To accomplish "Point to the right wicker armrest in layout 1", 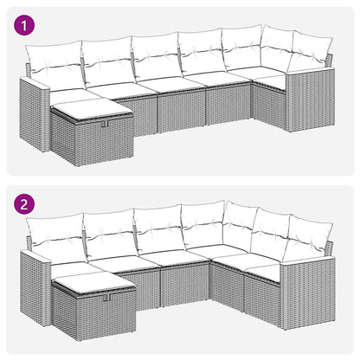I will (x=308, y=104).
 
